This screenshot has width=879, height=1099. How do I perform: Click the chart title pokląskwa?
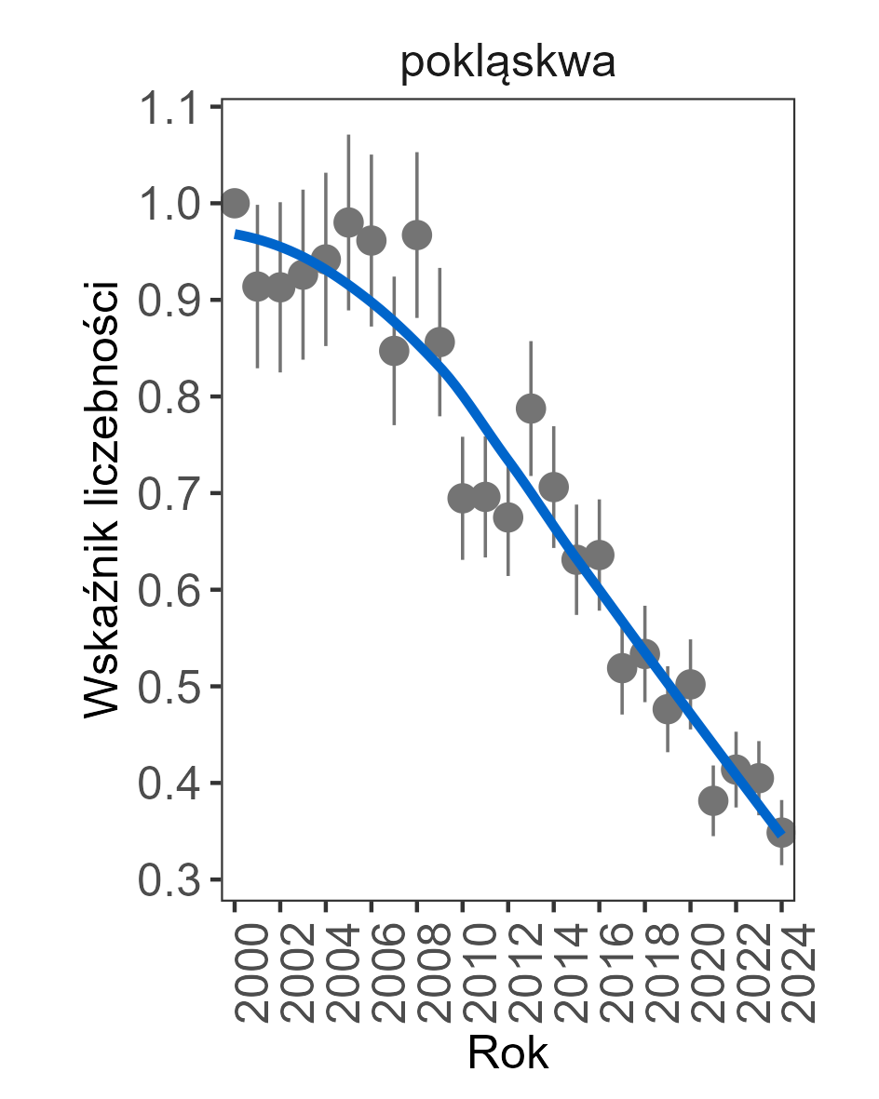[507, 65]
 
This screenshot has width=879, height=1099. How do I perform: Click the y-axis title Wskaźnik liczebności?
[102, 499]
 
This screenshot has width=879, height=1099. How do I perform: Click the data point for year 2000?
[235, 202]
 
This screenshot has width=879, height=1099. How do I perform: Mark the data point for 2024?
[781, 832]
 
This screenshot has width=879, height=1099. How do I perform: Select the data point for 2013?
[531, 408]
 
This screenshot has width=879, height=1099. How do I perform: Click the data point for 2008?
[417, 235]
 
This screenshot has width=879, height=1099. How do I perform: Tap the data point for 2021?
[713, 800]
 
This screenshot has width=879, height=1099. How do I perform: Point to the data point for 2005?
[348, 222]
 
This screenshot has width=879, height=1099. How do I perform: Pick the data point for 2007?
[394, 351]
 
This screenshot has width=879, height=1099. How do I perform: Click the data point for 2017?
[622, 668]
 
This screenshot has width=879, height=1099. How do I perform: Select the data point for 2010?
[463, 499]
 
